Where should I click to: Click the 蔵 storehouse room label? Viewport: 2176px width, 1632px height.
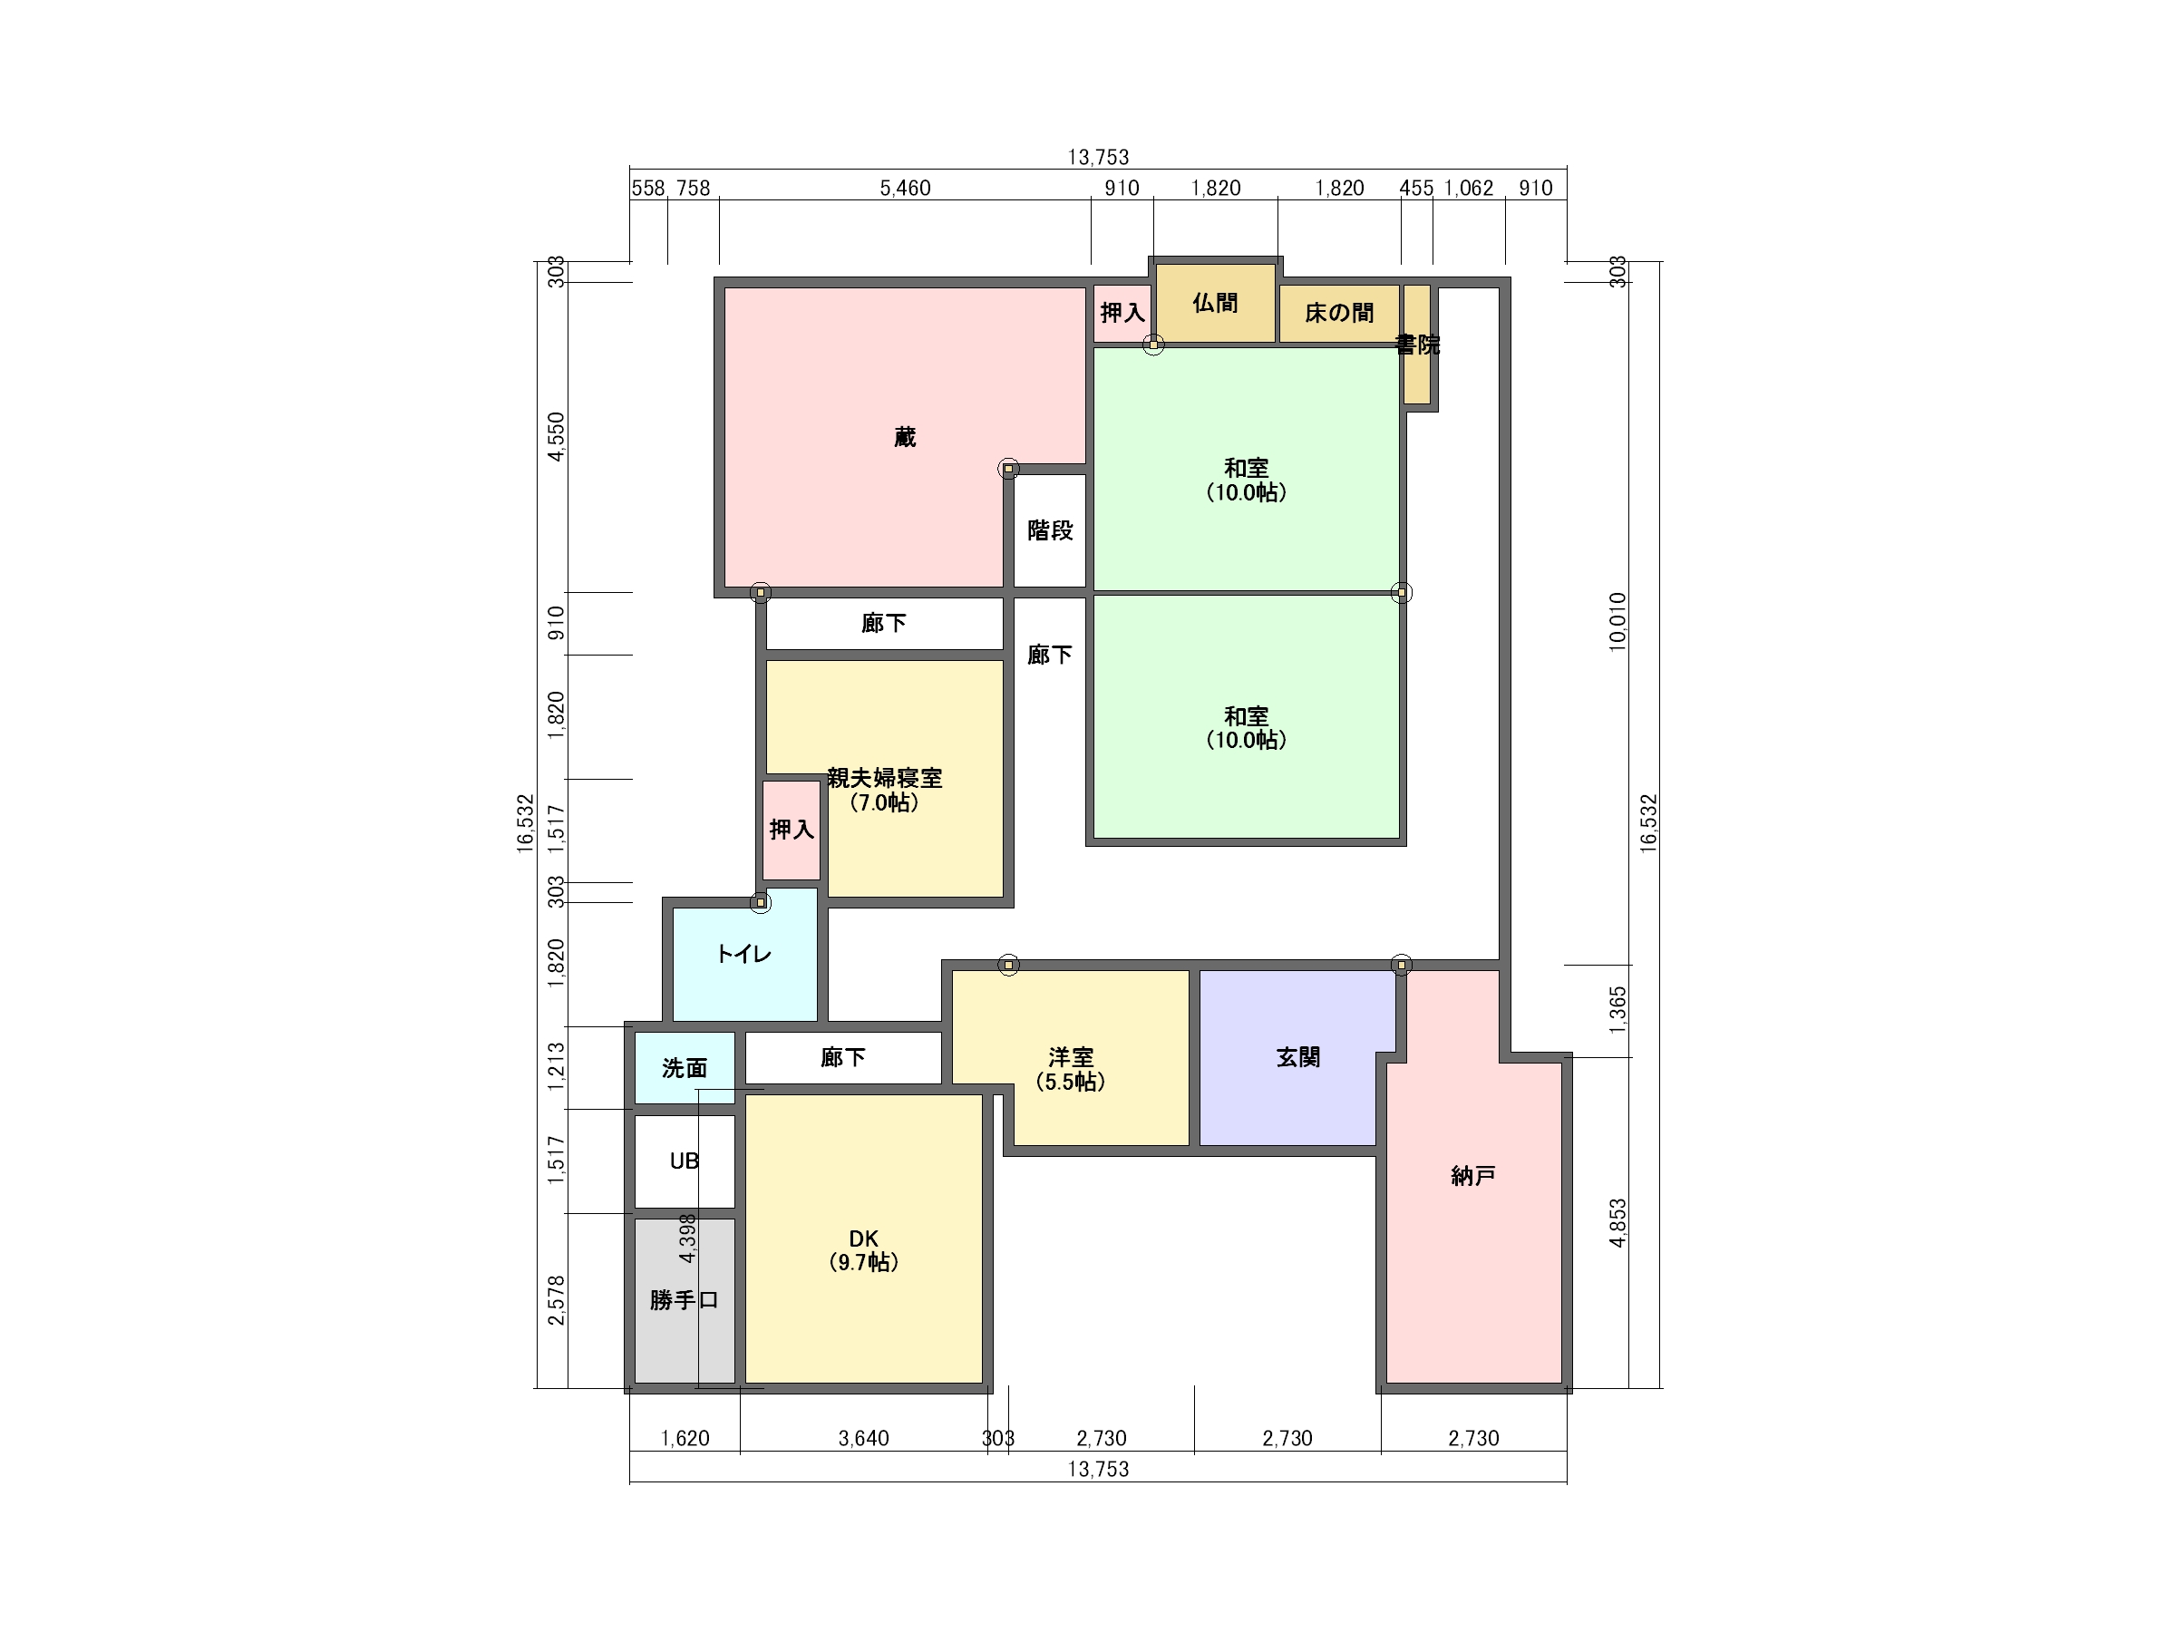coord(904,437)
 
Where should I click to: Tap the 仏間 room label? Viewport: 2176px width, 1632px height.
coord(1215,303)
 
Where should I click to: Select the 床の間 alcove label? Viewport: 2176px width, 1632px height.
coord(1339,313)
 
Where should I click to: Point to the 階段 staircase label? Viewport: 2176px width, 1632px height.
coord(1050,530)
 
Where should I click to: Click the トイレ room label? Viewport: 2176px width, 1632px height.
coord(743,953)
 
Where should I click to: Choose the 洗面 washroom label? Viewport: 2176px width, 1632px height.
coord(684,1067)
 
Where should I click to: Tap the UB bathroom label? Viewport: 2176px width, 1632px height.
coord(684,1161)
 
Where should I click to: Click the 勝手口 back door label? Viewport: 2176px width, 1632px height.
coord(684,1299)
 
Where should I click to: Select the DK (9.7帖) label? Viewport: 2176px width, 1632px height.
coord(863,1250)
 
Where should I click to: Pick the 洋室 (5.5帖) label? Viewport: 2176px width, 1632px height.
coord(1070,1069)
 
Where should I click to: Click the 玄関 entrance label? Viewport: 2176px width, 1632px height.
coord(1297,1057)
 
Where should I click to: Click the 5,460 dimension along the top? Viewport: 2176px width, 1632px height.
coord(905,188)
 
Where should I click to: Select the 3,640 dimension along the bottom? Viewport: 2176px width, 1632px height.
coord(864,1438)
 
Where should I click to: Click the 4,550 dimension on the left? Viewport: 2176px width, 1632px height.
coord(557,436)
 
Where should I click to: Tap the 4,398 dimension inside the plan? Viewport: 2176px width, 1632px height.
coord(687,1239)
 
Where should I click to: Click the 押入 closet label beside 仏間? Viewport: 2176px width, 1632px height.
coord(1122,313)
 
